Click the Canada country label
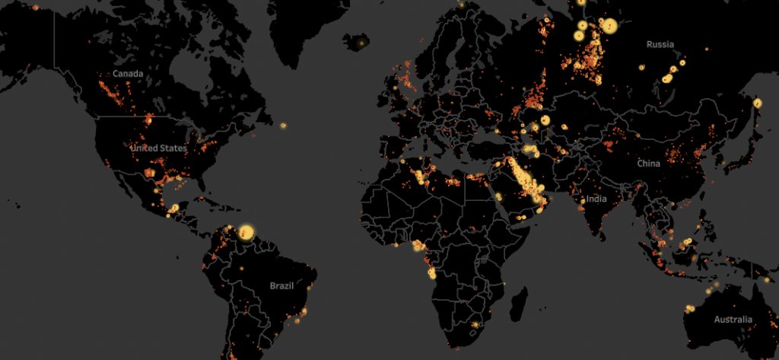(x=128, y=74)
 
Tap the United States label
(x=158, y=148)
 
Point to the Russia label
(x=660, y=45)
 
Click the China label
(x=649, y=164)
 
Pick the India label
(x=596, y=199)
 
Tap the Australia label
(x=733, y=320)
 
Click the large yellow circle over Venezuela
(x=246, y=232)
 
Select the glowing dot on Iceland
(x=361, y=43)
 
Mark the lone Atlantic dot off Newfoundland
(x=283, y=126)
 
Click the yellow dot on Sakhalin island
(x=757, y=103)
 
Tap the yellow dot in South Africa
(x=475, y=325)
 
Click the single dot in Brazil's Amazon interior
(x=242, y=269)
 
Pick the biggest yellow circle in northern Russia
(x=609, y=27)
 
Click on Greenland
(x=304, y=30)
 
